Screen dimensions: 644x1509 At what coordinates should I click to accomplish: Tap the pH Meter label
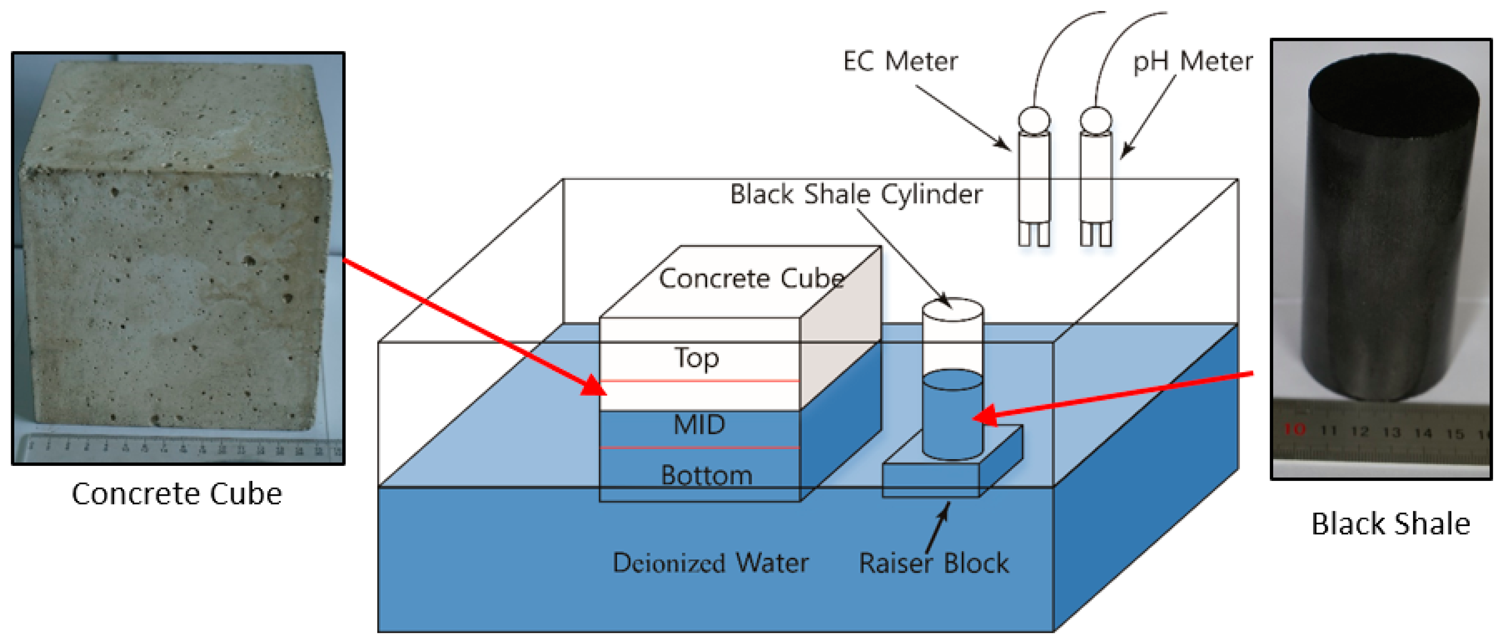(x=1193, y=61)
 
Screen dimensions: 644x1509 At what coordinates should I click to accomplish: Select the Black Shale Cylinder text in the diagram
(x=856, y=194)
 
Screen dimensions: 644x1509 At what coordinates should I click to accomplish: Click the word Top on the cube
(x=696, y=358)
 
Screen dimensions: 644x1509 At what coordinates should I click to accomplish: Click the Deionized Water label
(x=710, y=563)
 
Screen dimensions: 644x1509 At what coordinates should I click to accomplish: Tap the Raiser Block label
(x=934, y=563)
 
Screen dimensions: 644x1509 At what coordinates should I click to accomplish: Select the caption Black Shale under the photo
(x=1390, y=524)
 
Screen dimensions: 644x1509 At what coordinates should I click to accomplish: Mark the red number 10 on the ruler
(x=1294, y=429)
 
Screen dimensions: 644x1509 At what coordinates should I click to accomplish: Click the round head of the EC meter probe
(x=1034, y=120)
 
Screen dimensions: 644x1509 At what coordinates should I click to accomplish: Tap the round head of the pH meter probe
(x=1096, y=120)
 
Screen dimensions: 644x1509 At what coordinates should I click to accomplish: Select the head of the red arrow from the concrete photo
(x=594, y=387)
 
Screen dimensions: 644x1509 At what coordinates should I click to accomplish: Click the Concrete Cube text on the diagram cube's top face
(x=751, y=278)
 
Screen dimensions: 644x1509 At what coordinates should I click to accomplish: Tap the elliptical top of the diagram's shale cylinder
(x=953, y=310)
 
